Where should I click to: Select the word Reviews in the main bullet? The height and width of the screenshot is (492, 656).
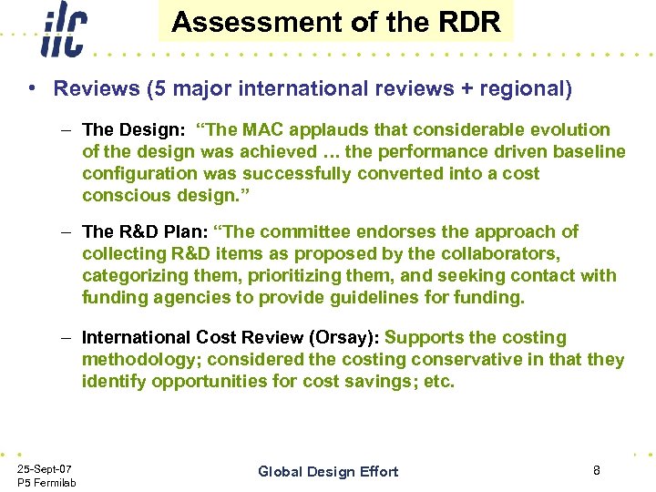pos(89,88)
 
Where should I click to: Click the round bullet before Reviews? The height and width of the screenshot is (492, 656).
pos(32,88)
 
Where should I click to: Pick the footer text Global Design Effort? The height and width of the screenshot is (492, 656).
pos(328,471)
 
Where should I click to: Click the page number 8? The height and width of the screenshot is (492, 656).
pos(596,470)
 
